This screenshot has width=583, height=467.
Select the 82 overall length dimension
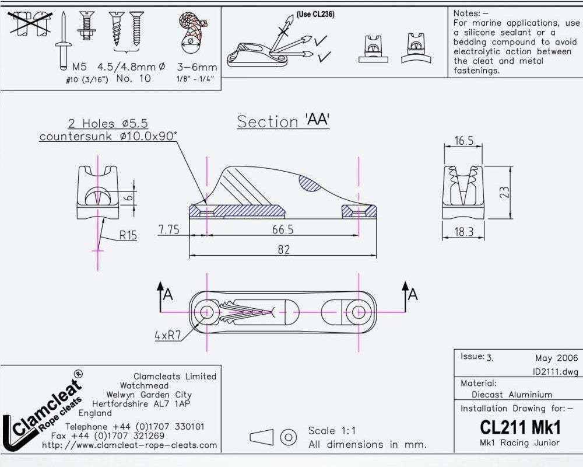click(x=283, y=250)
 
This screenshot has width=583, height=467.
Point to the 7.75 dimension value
click(x=169, y=229)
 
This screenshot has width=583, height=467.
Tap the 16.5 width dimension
click(x=463, y=141)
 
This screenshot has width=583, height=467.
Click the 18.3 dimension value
click(x=464, y=232)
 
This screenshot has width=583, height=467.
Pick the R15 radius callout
click(x=128, y=235)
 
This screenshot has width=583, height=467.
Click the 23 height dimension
click(x=505, y=192)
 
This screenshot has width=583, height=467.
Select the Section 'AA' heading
click(x=283, y=121)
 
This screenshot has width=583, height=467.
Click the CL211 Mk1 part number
click(x=520, y=427)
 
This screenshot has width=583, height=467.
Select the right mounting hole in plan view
click(x=354, y=312)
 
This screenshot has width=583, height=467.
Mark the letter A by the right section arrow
click(x=413, y=295)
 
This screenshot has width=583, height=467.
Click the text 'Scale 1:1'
click(x=332, y=431)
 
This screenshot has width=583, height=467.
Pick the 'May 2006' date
click(x=556, y=358)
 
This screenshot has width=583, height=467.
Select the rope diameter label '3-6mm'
click(x=197, y=67)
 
